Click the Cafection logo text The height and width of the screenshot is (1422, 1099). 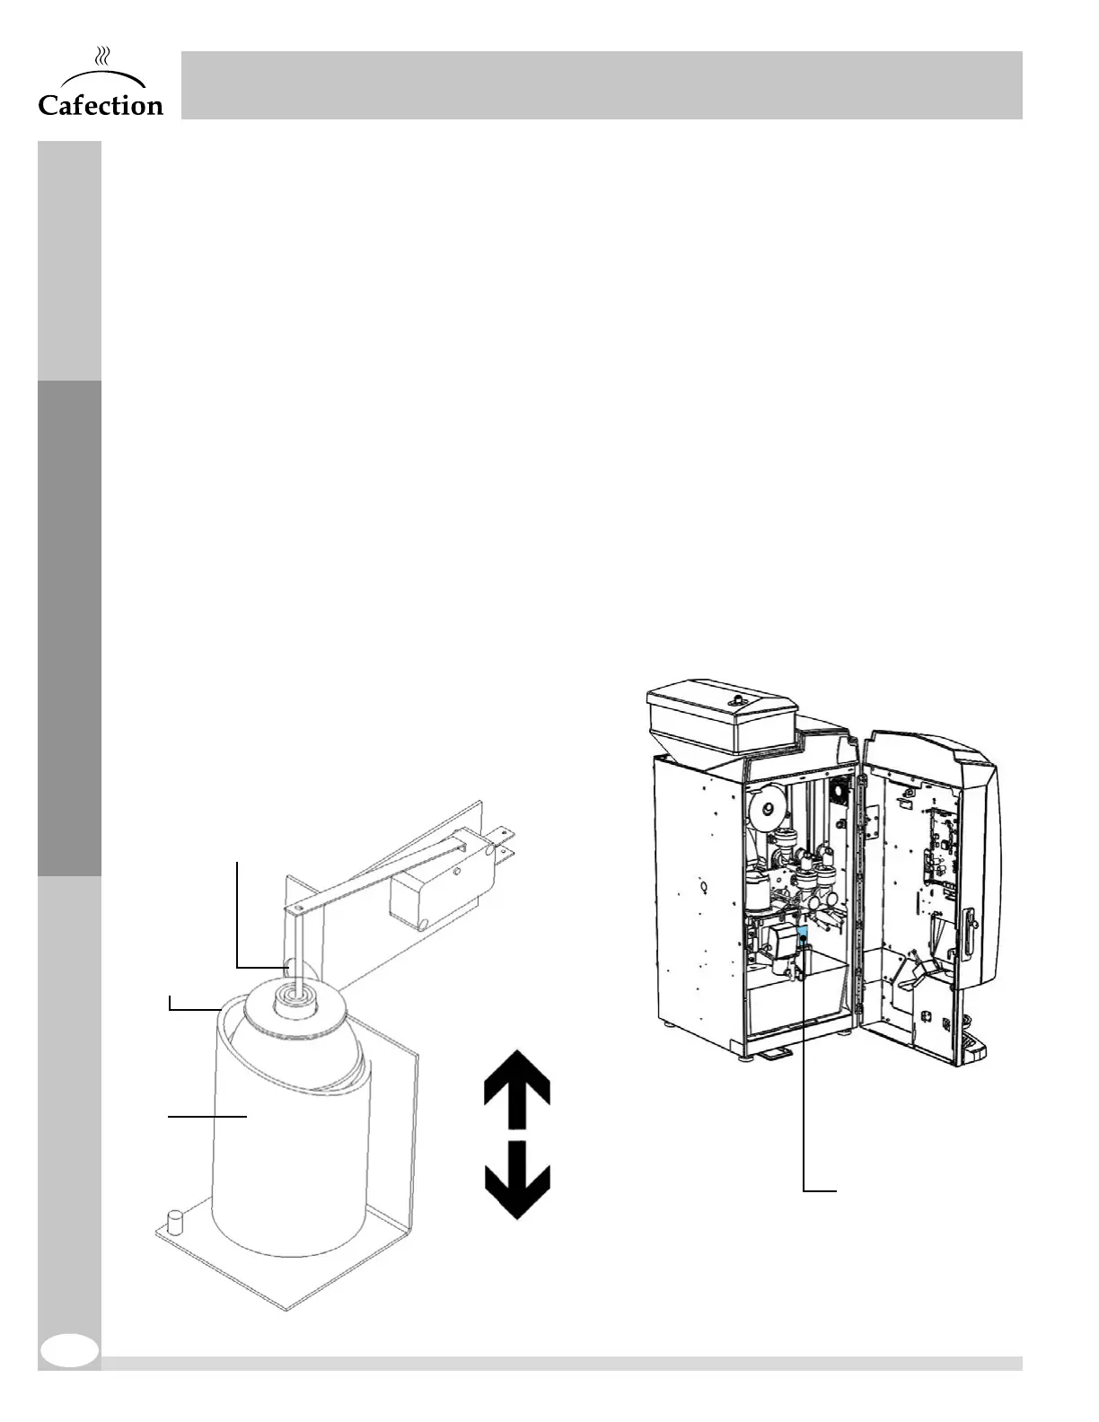101,105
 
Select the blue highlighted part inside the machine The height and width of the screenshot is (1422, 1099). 803,936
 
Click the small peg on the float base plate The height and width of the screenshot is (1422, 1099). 175,1221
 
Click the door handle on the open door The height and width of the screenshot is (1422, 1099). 970,929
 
